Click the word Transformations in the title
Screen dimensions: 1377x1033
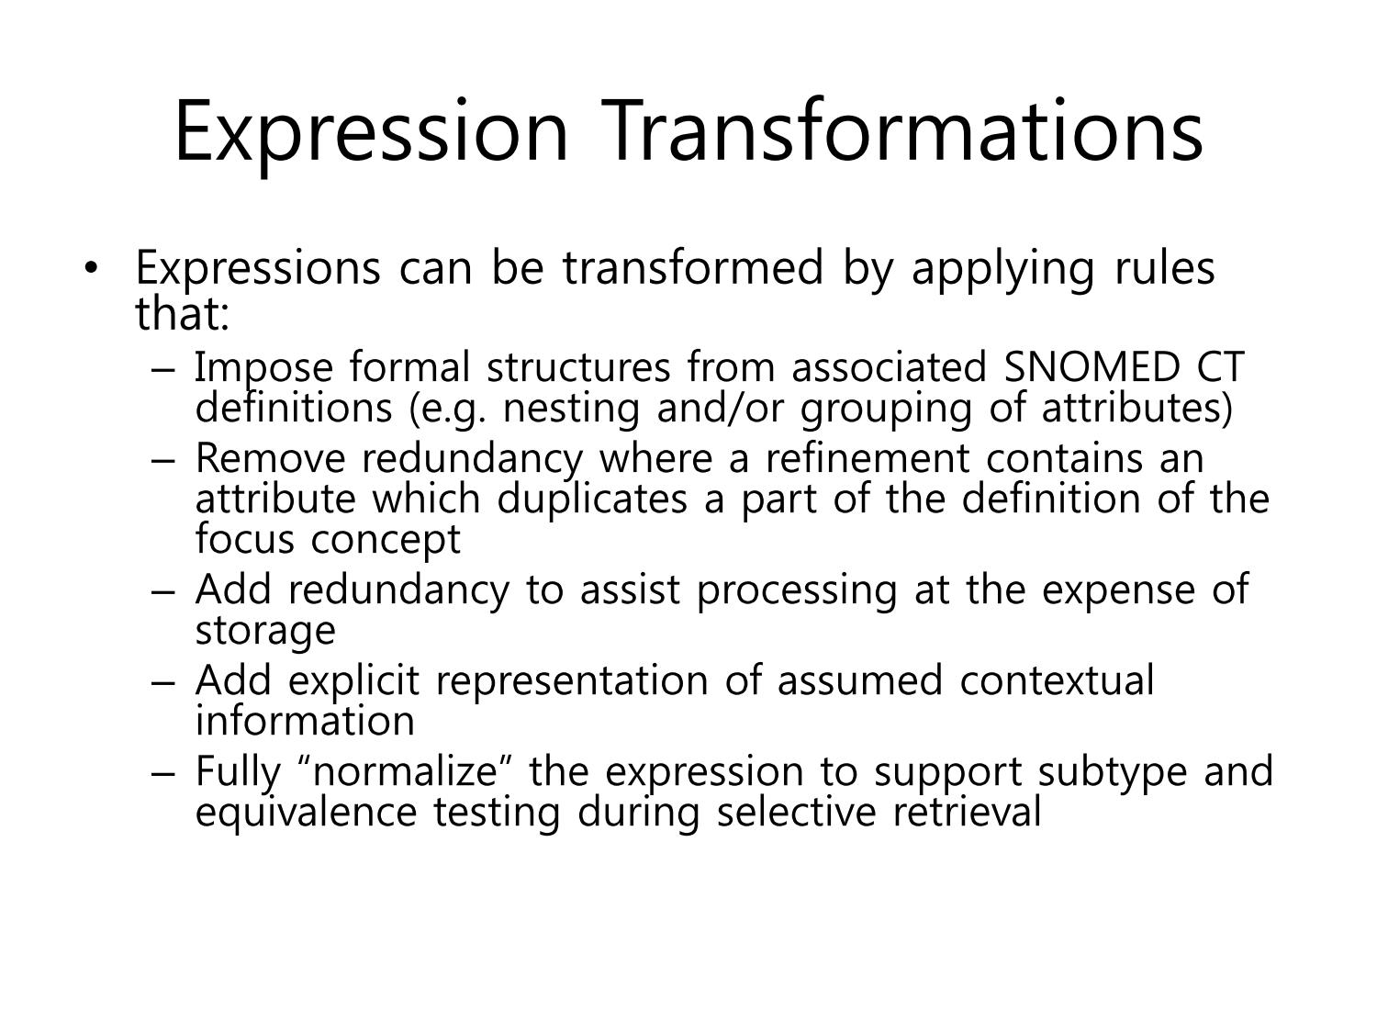[902, 130]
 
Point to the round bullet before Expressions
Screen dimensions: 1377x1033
[92, 268]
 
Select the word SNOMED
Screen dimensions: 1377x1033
[1092, 367]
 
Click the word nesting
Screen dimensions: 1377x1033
[572, 410]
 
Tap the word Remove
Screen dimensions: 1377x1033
[271, 458]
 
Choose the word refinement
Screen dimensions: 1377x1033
[868, 458]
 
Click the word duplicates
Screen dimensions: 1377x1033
[592, 500]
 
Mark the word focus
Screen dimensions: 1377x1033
[245, 539]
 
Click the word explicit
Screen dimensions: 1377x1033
[353, 681]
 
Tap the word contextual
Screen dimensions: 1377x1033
[1057, 680]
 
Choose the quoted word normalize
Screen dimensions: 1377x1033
[405, 772]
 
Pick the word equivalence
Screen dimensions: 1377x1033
[306, 814]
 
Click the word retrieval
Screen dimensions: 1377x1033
[967, 812]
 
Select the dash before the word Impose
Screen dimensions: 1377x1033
[162, 370]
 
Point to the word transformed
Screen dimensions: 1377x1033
[692, 268]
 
